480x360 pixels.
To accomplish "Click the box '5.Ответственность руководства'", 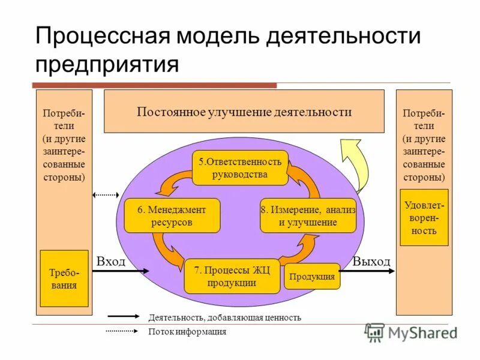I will [240, 168].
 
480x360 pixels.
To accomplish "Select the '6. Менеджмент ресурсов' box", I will [172, 215].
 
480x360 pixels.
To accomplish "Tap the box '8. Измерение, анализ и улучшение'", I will [308, 215].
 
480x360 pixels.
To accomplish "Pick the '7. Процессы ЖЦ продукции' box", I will [232, 276].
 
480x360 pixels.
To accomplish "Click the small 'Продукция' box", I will [312, 277].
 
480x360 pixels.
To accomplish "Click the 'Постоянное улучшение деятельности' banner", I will [244, 112].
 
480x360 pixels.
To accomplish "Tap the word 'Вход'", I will [111, 262].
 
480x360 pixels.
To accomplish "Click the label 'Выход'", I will [371, 262].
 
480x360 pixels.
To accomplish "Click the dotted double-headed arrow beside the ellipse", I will [106, 195].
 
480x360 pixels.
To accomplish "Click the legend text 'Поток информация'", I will [187, 332].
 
